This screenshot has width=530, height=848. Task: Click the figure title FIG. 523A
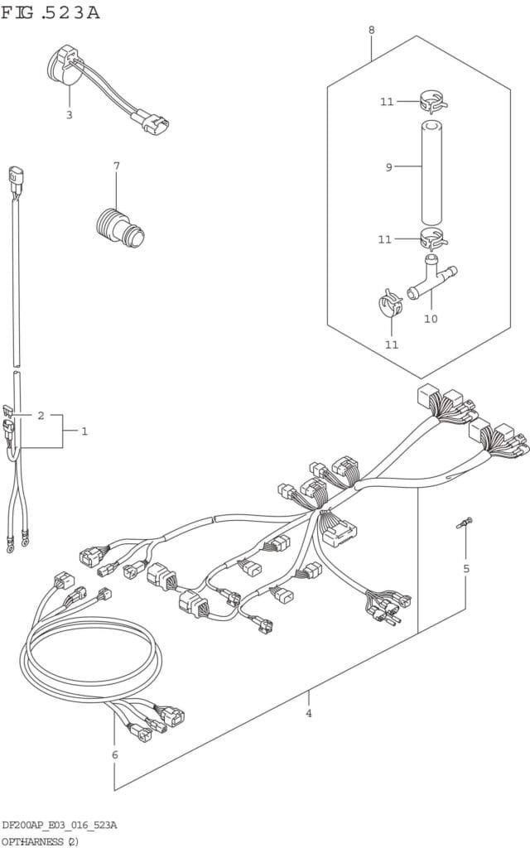tap(51, 12)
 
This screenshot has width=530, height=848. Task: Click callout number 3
tap(70, 114)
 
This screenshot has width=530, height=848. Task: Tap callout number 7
tap(116, 166)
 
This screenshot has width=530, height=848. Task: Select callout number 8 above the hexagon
tap(372, 30)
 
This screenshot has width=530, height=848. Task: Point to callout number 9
tap(388, 167)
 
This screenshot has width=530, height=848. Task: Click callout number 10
tap(431, 319)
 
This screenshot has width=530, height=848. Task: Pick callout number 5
tap(466, 568)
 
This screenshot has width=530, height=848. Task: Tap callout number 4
tap(308, 713)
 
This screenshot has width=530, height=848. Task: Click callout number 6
tap(114, 754)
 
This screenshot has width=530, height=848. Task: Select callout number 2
tap(41, 416)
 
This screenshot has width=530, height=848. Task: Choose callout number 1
tap(84, 431)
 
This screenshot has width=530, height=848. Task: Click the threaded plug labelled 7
tap(120, 226)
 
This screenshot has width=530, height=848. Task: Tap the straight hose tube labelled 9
tap(431, 173)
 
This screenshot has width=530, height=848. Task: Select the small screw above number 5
tap(465, 523)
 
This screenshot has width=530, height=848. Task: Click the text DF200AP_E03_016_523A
tap(59, 825)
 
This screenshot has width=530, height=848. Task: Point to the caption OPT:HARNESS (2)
tap(41, 841)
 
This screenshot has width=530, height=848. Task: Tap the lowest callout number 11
tap(392, 344)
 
